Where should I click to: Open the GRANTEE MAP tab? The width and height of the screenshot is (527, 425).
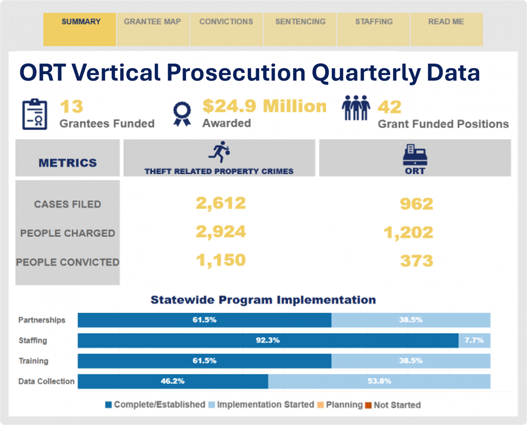tap(152, 22)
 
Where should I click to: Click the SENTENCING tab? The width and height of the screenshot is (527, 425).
tap(300, 22)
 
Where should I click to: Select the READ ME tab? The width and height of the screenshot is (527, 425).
tap(446, 22)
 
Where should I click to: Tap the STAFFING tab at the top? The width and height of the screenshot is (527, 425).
tap(374, 22)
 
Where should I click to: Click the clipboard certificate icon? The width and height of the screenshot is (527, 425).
tap(35, 114)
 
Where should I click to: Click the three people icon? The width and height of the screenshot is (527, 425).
tap(356, 108)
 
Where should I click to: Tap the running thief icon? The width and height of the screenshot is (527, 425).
tap(219, 152)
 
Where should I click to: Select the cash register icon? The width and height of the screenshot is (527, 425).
tap(415, 155)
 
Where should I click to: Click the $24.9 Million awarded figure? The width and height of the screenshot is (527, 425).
tap(264, 106)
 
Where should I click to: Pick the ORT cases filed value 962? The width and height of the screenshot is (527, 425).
tap(416, 204)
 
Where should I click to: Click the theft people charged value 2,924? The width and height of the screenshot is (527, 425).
tap(221, 232)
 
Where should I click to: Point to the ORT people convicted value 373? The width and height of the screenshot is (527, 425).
tap(416, 261)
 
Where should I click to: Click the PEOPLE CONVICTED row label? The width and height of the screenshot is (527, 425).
tap(68, 262)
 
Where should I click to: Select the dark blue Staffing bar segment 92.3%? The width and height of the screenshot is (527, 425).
tap(268, 340)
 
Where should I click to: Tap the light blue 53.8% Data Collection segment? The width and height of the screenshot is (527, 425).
tap(379, 381)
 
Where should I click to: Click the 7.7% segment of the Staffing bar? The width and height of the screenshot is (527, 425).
tap(474, 340)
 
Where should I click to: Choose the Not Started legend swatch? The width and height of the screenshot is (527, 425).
tap(368, 405)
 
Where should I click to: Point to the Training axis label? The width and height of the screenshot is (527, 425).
tap(34, 361)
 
